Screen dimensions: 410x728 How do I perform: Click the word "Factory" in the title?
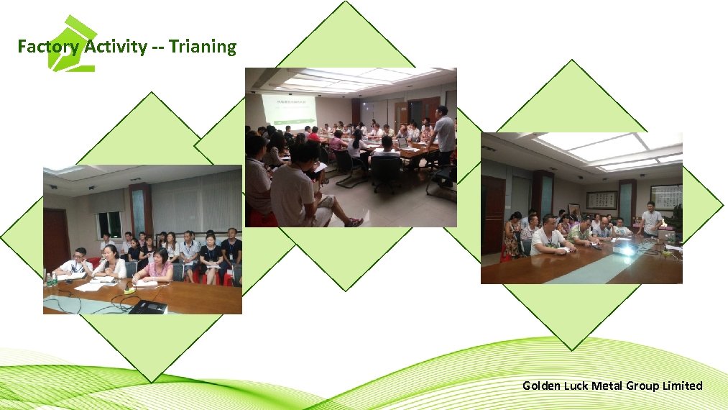[49, 47]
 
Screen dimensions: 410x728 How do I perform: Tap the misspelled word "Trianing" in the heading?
[203, 47]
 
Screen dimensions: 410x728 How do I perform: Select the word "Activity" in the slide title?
[115, 47]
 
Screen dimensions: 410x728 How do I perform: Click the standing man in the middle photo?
[444, 137]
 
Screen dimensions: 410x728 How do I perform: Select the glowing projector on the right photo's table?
[627, 249]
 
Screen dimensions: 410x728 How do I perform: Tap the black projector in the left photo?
[148, 306]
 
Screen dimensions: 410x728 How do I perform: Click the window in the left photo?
[109, 224]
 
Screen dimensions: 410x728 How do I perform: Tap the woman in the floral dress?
[512, 238]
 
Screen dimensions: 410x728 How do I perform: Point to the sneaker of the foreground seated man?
[354, 222]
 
